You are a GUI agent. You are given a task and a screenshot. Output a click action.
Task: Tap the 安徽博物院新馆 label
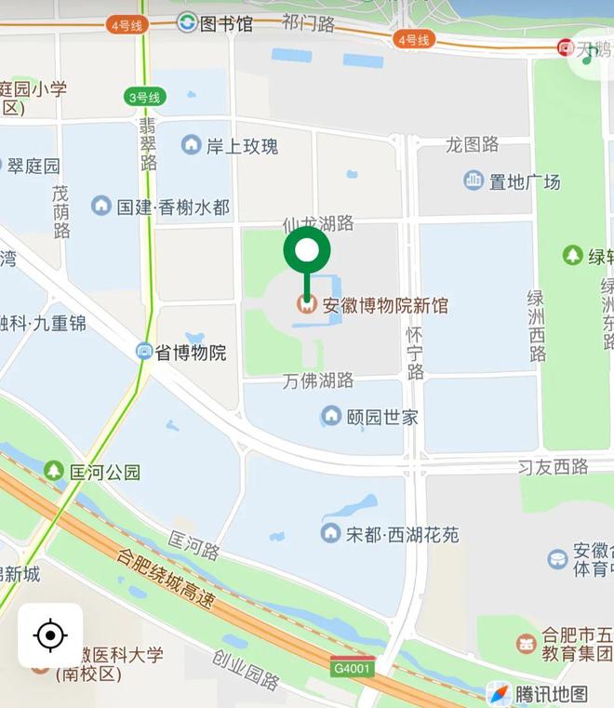tap(384, 305)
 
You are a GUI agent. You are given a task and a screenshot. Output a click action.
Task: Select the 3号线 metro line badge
tap(145, 96)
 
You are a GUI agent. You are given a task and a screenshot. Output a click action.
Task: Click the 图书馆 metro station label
tap(226, 23)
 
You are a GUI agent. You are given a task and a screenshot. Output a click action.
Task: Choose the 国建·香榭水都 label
tap(173, 207)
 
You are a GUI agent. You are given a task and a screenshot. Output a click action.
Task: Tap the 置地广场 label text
tap(525, 181)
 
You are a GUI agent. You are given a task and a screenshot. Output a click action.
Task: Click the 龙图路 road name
tap(472, 144)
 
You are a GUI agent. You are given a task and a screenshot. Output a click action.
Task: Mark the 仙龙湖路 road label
tap(318, 222)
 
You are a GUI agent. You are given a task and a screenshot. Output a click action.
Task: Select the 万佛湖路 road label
tap(318, 380)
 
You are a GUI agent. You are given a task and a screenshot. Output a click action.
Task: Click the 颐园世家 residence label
tap(382, 416)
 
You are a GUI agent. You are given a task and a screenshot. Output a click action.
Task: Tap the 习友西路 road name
tap(554, 465)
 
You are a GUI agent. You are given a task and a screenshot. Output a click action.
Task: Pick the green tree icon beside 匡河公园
tap(54, 472)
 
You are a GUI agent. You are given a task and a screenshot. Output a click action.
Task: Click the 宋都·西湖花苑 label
tap(403, 534)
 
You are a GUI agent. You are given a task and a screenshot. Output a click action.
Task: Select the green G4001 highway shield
tap(351, 668)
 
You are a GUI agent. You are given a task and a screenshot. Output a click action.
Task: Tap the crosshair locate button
tap(50, 636)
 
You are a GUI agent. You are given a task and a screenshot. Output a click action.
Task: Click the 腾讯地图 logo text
tap(552, 693)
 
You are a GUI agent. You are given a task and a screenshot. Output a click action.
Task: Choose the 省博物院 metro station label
tap(190, 353)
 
